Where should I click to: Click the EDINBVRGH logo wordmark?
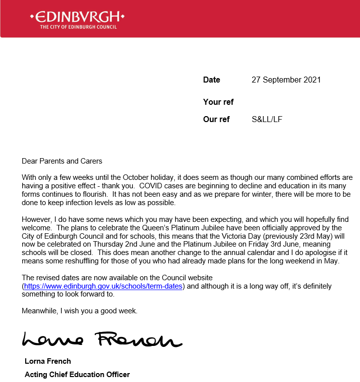pyautogui.click(x=77, y=17)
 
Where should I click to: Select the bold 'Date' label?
pyautogui.click(x=211, y=80)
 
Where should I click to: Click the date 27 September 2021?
pyautogui.click(x=286, y=80)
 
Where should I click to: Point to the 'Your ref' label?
pyautogui.click(x=218, y=102)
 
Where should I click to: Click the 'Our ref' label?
pyautogui.click(x=216, y=120)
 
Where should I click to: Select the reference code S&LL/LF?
pyautogui.click(x=267, y=120)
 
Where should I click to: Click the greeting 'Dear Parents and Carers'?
pyautogui.click(x=62, y=161)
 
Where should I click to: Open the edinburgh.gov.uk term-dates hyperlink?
pyautogui.click(x=104, y=286)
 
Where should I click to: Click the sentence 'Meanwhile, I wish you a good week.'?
pyautogui.click(x=80, y=311)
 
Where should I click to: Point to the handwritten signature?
pyautogui.click(x=101, y=340)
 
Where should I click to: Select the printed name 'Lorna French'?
pyautogui.click(x=47, y=361)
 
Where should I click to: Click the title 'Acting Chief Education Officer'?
pyautogui.click(x=77, y=375)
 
